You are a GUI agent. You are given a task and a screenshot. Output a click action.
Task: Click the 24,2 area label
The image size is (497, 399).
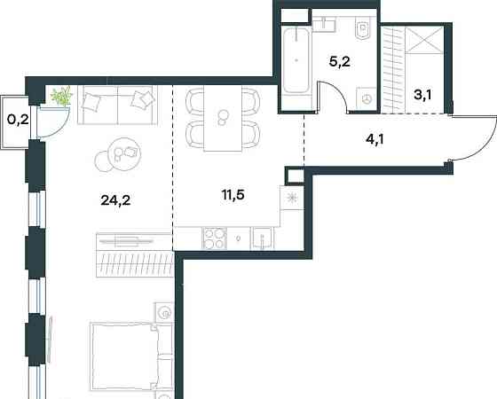pos(115,200)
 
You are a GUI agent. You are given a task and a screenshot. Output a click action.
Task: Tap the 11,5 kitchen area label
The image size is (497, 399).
pos(233,195)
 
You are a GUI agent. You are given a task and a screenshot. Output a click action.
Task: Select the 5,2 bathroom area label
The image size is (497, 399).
pos(340,61)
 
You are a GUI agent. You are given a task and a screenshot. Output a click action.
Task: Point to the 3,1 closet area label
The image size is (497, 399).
pos(422,94)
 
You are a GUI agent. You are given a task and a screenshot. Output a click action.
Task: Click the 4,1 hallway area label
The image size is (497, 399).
pos(375,138)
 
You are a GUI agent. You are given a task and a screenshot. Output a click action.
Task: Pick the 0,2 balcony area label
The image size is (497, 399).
pos(18,120)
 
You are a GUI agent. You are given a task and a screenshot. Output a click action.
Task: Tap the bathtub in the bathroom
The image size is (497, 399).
pos(296,61)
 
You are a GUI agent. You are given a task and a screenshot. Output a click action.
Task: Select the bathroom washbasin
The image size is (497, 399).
pos(324,25)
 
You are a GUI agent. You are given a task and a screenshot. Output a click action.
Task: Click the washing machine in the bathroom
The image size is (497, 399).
pos(367,98)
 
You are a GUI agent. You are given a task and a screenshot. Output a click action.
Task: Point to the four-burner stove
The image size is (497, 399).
pos(214,239)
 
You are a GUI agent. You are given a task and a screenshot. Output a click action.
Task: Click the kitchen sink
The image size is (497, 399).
pos(263,239)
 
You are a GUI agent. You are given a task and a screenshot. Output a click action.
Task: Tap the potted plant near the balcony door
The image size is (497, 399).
pos(61,96)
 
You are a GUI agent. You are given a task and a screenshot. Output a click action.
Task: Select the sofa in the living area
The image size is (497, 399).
pos(117,105)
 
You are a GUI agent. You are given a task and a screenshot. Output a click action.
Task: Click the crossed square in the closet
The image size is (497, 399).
pos(424,40)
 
